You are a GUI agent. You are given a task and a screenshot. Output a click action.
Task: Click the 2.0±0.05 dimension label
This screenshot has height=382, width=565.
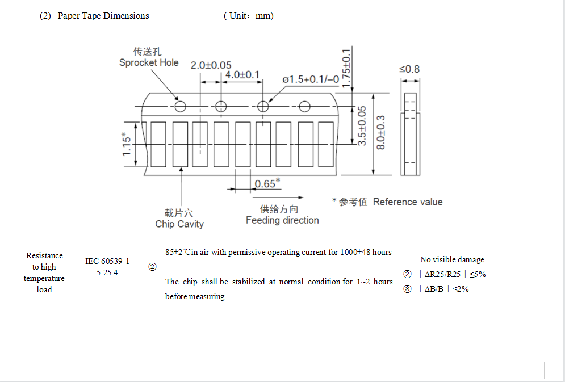click(x=211, y=66)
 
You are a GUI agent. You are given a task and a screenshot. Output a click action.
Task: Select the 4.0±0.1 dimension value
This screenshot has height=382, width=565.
click(x=242, y=75)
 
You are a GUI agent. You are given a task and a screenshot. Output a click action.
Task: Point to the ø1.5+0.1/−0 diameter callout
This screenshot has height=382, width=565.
click(x=311, y=79)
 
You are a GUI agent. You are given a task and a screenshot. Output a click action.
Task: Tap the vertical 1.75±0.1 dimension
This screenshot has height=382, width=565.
click(x=346, y=67)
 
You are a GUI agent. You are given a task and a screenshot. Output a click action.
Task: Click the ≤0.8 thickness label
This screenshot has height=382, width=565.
click(x=409, y=69)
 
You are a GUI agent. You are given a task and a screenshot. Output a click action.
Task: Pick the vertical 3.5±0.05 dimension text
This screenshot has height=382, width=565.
click(x=362, y=125)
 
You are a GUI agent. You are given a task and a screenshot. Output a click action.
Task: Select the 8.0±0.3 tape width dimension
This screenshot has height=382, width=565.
click(x=381, y=132)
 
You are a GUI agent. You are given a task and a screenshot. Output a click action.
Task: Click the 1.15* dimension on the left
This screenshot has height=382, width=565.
click(x=127, y=145)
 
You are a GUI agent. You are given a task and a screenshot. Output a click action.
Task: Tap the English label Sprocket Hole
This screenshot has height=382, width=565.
click(x=149, y=62)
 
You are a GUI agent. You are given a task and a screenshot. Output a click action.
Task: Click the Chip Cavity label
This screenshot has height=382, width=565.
click(x=179, y=224)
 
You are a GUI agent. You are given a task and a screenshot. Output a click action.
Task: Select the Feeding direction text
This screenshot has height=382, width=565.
click(x=282, y=220)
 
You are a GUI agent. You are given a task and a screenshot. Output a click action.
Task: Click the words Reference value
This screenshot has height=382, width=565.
click(x=408, y=202)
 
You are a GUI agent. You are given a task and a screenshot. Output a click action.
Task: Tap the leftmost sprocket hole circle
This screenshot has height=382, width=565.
click(x=180, y=106)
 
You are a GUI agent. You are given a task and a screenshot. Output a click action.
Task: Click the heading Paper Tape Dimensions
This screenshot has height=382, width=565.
click(x=103, y=16)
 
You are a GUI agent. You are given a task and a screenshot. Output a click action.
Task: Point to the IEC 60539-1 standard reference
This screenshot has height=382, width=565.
click(x=107, y=261)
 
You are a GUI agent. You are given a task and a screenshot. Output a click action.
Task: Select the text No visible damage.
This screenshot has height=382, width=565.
click(x=453, y=259)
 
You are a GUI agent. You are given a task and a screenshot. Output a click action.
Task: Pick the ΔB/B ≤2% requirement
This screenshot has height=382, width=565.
click(x=443, y=289)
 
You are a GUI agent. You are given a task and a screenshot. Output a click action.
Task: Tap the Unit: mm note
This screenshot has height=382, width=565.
click(x=249, y=16)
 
